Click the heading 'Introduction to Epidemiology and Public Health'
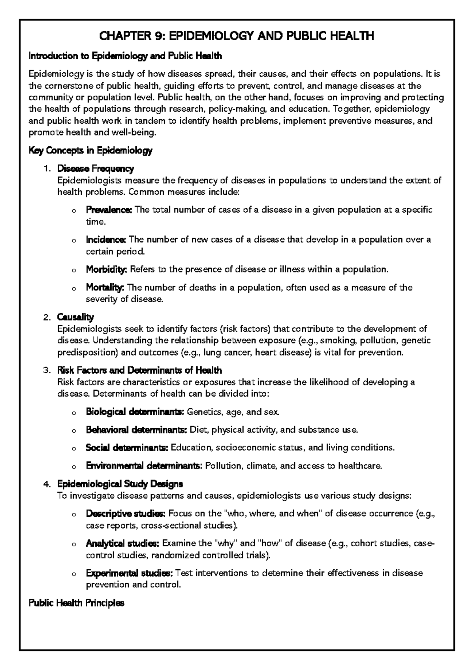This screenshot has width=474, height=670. tap(126, 56)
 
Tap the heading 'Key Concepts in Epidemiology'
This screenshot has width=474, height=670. tap(91, 151)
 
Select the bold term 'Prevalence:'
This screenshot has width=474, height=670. tap(109, 210)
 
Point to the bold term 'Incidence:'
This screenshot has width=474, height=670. tap(105, 239)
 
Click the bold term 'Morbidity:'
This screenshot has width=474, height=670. tap(106, 269)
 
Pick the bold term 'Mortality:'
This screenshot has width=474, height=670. tap(105, 287)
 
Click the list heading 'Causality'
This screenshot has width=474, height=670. tap(75, 317)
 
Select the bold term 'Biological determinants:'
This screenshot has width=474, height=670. tap(135, 412)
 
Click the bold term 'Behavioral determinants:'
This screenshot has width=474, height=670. tap(136, 430)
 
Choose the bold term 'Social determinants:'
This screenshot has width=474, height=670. tap(127, 448)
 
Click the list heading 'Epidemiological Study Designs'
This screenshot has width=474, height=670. tap(120, 484)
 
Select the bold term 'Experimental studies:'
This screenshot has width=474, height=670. tap(129, 573)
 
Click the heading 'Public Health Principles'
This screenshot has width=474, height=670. tap(77, 603)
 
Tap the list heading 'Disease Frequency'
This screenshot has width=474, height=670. tap(96, 169)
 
